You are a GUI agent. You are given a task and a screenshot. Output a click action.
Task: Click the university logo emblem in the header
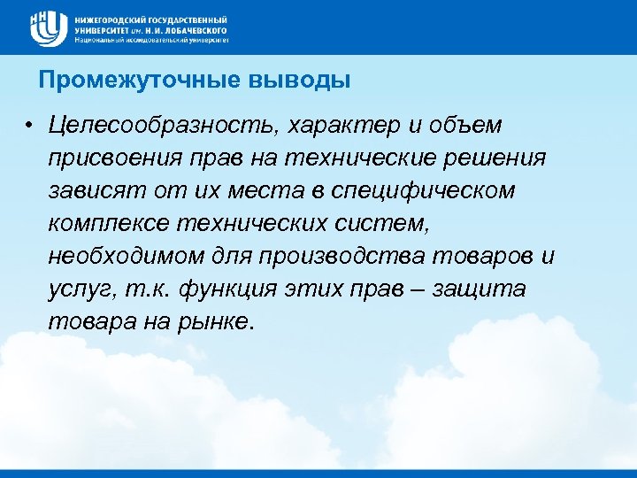48,28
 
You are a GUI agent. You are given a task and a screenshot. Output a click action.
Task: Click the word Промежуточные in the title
119,81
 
